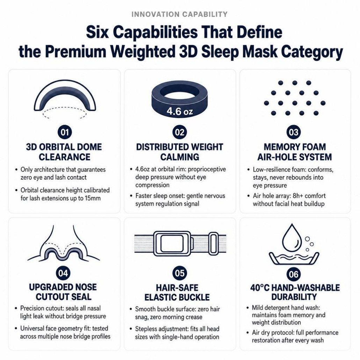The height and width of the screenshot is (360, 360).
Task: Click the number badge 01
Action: click(x=65, y=132)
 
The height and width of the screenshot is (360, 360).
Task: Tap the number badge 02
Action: click(x=180, y=132)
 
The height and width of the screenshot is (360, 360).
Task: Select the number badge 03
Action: click(x=294, y=132)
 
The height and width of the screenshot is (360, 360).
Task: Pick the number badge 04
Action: click(x=63, y=273)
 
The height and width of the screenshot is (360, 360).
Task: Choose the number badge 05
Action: click(x=180, y=273)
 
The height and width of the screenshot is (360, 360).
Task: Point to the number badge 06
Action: click(x=294, y=274)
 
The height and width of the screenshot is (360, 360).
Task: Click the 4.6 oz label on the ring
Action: click(x=180, y=111)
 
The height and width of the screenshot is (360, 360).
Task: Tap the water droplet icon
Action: click(x=291, y=238)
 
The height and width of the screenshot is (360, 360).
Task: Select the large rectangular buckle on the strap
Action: click(x=172, y=244)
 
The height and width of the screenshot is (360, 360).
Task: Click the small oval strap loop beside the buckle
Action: click(x=213, y=244)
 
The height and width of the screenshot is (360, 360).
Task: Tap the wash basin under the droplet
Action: click(x=294, y=259)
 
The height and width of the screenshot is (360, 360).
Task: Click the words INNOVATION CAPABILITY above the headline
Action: click(x=180, y=14)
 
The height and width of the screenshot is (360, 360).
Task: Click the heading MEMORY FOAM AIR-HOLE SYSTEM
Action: click(x=295, y=152)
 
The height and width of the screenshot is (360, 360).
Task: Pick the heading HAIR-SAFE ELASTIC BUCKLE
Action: click(x=177, y=293)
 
